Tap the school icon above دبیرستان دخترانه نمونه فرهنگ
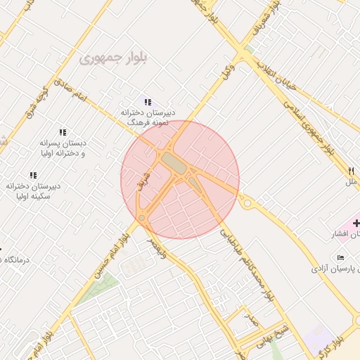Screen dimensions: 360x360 tap(148, 102)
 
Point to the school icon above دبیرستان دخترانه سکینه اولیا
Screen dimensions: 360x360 tap(33, 175)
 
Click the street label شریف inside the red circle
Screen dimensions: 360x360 tap(146, 173)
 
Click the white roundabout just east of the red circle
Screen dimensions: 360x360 tap(247, 202)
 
